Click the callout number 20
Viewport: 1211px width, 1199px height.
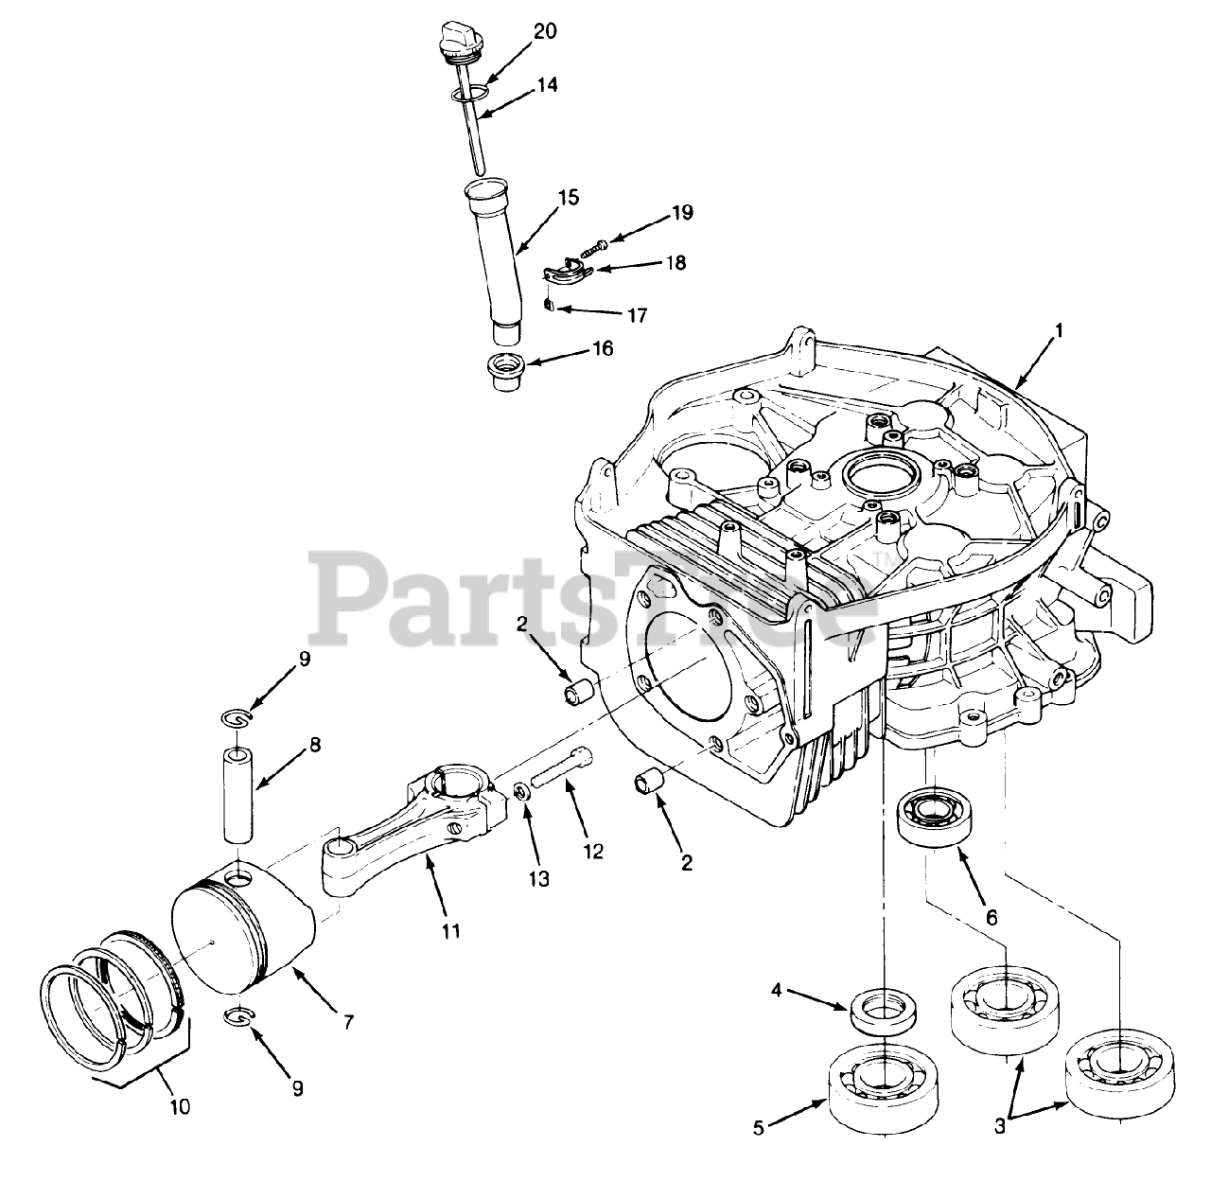pyautogui.click(x=544, y=31)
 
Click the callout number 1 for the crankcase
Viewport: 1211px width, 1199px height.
pyautogui.click(x=1060, y=331)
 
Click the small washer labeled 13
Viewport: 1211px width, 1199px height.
pyautogui.click(x=521, y=789)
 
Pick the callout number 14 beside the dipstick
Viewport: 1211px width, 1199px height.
pyautogui.click(x=548, y=85)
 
